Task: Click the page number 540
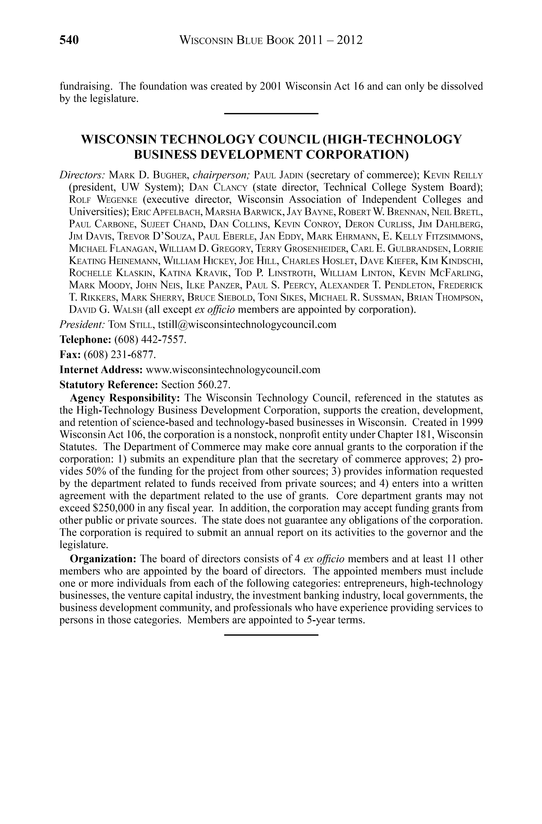(x=69, y=40)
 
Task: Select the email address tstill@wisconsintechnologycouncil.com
(x=247, y=325)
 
